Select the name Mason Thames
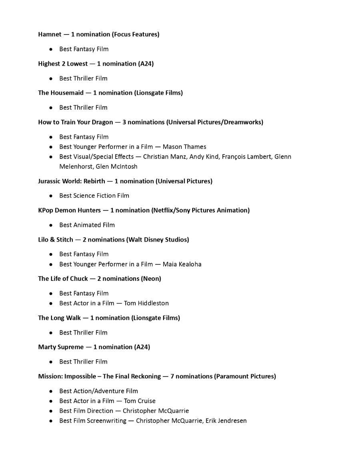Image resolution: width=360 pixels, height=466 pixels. [184, 147]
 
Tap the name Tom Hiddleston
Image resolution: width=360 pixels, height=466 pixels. [146, 303]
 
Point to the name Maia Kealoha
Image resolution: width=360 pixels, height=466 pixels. [182, 264]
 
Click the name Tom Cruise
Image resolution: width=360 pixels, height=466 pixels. [140, 401]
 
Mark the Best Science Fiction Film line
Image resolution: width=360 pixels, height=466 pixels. [94, 196]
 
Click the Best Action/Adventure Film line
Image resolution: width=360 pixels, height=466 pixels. [98, 391]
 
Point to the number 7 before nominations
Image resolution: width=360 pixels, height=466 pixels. [172, 376]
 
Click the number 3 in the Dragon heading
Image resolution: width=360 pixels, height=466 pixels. [124, 122]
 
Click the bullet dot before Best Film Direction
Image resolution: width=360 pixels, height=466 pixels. [51, 411]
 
